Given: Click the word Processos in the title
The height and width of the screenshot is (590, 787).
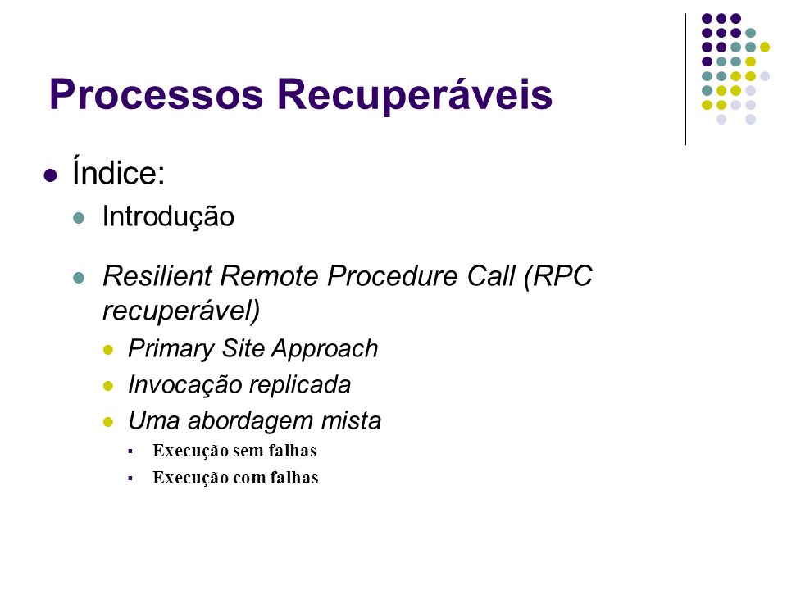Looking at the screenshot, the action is click(x=156, y=94).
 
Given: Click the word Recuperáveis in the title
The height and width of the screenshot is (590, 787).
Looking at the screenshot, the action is click(x=415, y=93).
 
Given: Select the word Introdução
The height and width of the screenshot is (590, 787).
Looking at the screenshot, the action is click(x=168, y=216).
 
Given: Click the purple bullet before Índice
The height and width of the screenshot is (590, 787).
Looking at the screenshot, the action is click(x=50, y=175).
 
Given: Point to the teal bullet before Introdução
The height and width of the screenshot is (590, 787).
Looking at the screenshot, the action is click(x=79, y=218).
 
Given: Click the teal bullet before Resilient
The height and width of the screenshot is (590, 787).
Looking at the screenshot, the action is click(x=79, y=278).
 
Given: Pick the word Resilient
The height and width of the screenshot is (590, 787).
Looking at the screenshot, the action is click(x=157, y=275).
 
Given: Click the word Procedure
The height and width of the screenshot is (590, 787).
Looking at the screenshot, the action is click(x=393, y=275).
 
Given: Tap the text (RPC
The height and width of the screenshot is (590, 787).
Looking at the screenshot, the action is click(x=557, y=276).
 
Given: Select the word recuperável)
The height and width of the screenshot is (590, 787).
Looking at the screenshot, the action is click(x=181, y=311).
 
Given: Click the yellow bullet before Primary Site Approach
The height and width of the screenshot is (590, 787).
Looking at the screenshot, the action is click(x=108, y=350).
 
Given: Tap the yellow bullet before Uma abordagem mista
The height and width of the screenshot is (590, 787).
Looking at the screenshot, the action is click(x=108, y=421).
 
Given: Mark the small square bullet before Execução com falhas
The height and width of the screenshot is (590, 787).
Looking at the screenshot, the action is click(x=130, y=479).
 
